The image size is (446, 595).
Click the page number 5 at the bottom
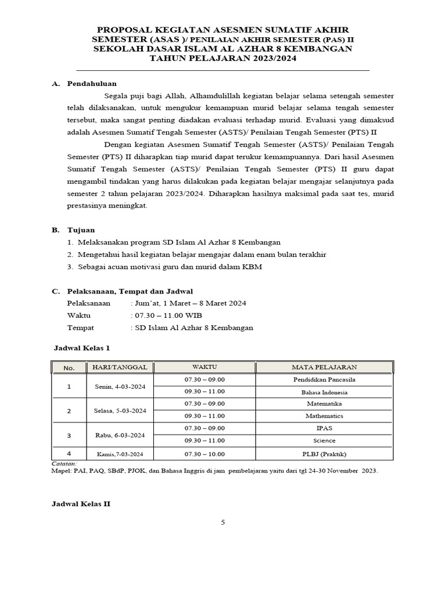(x=222, y=522)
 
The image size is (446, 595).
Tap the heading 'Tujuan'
(x=81, y=230)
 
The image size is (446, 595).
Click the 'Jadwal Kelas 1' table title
(x=81, y=347)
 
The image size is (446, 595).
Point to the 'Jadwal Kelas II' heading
(x=81, y=504)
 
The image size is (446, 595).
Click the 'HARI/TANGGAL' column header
(x=120, y=367)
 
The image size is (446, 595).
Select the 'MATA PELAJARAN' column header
(x=324, y=367)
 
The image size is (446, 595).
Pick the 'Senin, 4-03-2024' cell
(x=120, y=386)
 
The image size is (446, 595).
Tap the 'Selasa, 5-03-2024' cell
(x=120, y=410)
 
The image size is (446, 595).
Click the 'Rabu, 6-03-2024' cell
(x=120, y=435)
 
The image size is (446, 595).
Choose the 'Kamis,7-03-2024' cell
(x=120, y=454)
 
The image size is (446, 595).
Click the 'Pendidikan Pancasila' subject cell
(x=324, y=379)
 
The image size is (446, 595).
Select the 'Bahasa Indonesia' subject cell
(x=324, y=392)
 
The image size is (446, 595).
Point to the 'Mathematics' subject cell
(x=324, y=416)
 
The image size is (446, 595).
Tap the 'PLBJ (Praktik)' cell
(x=324, y=454)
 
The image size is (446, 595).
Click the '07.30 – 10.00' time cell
(x=204, y=454)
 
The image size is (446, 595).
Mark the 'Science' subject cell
(x=324, y=440)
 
